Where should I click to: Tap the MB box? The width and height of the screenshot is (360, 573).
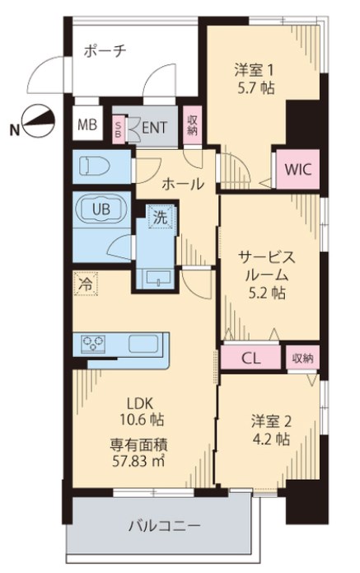point(86,126)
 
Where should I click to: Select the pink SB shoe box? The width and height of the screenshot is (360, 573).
point(118,128)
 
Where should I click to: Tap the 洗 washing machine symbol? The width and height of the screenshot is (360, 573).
point(158,218)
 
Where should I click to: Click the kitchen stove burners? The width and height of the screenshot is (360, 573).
point(92,342)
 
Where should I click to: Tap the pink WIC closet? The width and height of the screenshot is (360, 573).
point(297,168)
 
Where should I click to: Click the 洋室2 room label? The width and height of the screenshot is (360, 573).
point(270,421)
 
